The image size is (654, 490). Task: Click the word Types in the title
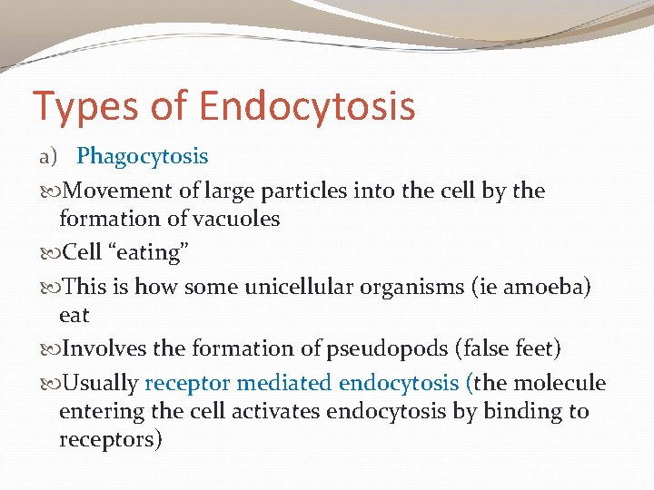pyautogui.click(x=78, y=105)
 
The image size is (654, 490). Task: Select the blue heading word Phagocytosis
pyautogui.click(x=142, y=156)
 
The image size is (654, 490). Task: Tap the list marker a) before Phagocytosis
pyautogui.click(x=48, y=156)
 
